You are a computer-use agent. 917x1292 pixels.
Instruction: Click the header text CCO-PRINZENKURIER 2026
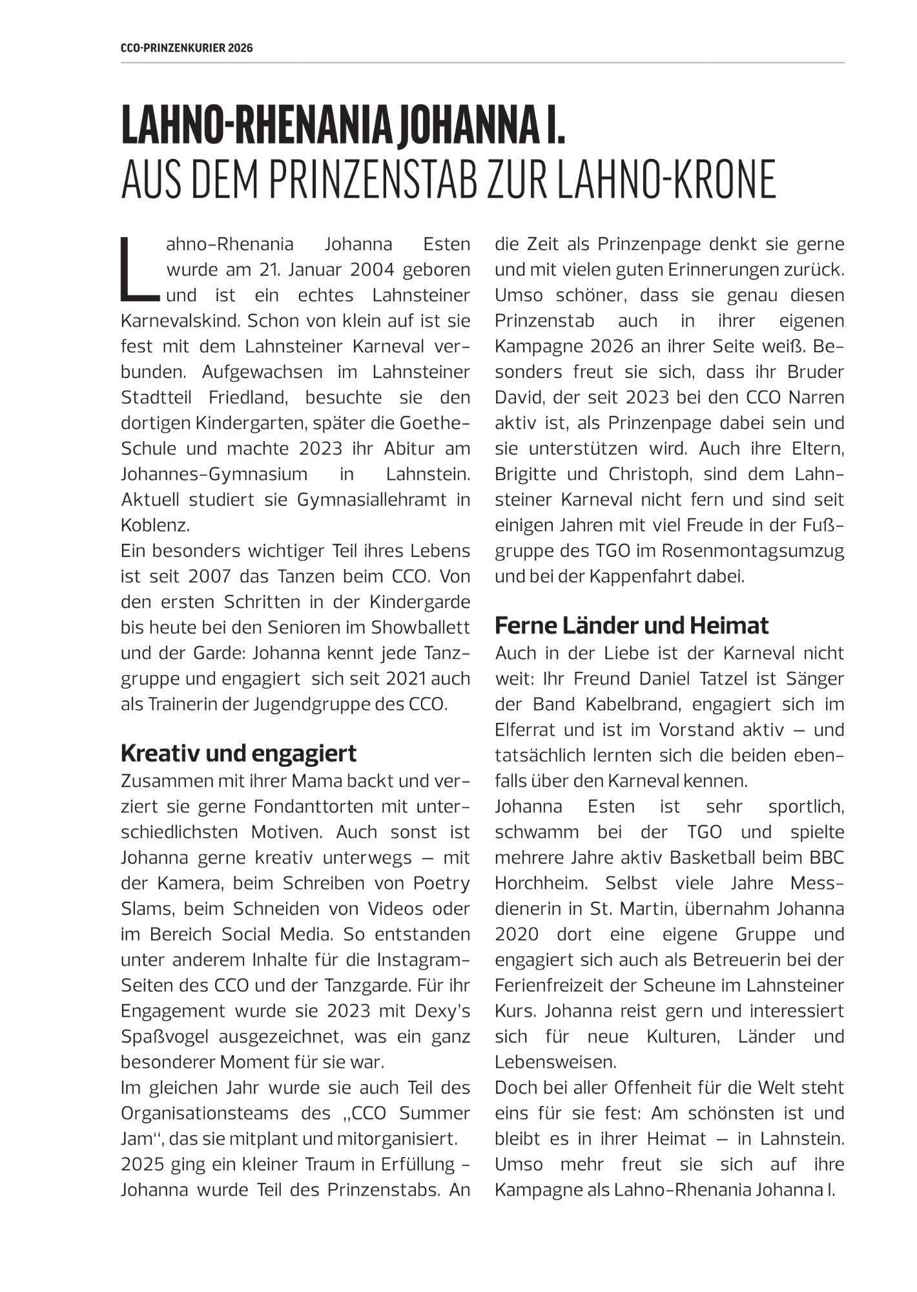[x=187, y=48]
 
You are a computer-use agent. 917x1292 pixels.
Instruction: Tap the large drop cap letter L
[x=138, y=269]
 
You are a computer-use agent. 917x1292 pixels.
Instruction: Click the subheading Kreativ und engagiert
[x=238, y=753]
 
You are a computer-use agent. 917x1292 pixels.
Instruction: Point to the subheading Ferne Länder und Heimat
[x=632, y=625]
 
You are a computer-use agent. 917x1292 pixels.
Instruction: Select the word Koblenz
[x=155, y=525]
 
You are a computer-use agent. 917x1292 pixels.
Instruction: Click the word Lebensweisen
[x=555, y=1062]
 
